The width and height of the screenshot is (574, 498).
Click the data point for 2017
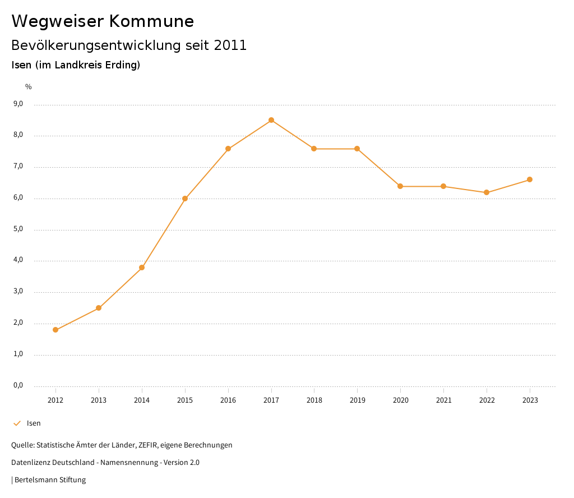click(271, 120)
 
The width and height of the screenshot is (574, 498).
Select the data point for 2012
click(55, 330)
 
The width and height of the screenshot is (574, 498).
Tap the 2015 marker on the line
click(185, 199)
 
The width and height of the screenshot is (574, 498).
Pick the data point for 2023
click(530, 179)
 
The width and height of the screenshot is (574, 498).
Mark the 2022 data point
click(487, 192)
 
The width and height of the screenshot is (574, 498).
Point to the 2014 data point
click(142, 268)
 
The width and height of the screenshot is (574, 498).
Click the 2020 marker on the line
click(400, 186)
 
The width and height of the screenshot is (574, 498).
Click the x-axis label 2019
click(357, 400)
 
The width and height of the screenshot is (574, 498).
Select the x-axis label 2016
click(228, 400)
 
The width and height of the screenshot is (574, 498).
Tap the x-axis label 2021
click(443, 400)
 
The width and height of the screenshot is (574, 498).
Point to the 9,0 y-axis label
click(18, 104)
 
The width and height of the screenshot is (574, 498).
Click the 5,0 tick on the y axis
click(18, 229)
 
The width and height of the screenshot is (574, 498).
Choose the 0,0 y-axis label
click(18, 385)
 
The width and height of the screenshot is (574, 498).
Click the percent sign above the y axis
click(29, 86)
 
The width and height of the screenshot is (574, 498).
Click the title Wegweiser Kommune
click(103, 21)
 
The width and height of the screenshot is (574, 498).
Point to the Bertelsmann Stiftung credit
click(50, 480)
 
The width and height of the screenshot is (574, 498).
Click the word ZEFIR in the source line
click(149, 445)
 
